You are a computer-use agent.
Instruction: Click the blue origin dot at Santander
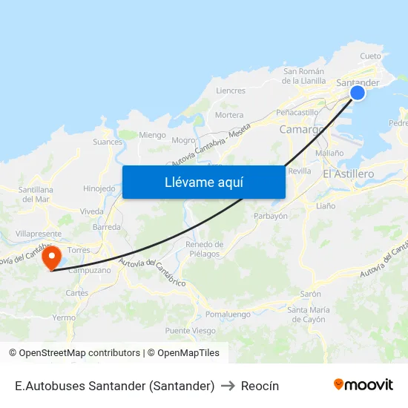click(x=357, y=93)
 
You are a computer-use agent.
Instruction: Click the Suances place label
click(x=108, y=142)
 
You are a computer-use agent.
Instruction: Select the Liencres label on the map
click(x=230, y=91)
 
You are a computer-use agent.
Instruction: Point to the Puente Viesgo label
click(x=190, y=331)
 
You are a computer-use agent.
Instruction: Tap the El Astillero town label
click(x=349, y=173)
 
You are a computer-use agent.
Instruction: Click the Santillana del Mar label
click(x=36, y=194)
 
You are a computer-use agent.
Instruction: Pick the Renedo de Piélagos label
click(x=204, y=249)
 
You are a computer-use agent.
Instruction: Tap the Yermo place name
click(x=64, y=317)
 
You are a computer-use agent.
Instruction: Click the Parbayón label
click(x=270, y=217)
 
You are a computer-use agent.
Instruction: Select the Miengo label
click(x=153, y=135)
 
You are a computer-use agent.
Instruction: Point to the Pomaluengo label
click(x=227, y=315)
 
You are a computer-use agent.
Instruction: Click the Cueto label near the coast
click(x=370, y=56)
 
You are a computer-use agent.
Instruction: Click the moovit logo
click(x=363, y=385)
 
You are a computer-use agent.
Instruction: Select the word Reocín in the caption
click(x=260, y=386)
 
